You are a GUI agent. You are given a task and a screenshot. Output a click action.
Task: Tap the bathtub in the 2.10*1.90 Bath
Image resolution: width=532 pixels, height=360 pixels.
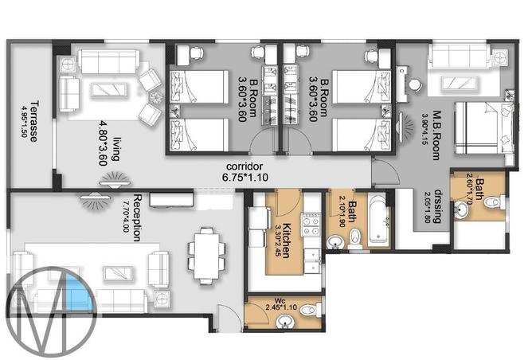[377, 217]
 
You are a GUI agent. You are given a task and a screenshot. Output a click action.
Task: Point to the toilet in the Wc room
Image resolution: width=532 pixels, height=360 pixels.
[312, 309]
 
